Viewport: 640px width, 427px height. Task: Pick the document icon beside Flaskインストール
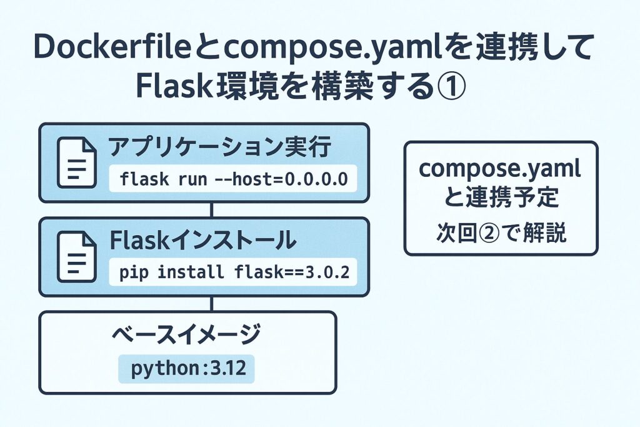coord(76,257)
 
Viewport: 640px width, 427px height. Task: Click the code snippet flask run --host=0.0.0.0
coord(233,179)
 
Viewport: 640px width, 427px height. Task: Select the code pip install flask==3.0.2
coord(233,274)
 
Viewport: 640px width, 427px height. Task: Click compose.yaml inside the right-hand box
coord(500,169)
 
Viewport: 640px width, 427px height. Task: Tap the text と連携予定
coord(500,200)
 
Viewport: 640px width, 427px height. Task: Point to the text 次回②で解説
coord(500,233)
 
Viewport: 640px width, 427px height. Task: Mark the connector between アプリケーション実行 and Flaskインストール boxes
coord(212,210)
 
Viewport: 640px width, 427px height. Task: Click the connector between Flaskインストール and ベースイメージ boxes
coord(212,304)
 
